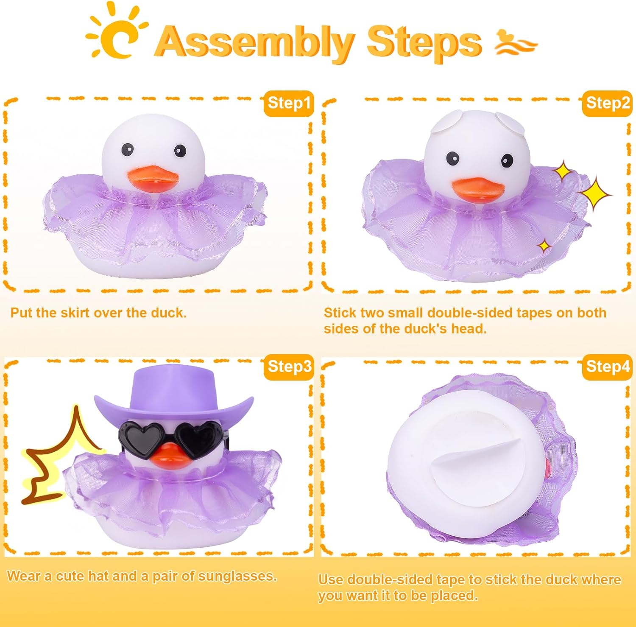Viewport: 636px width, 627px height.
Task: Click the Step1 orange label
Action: [289, 103]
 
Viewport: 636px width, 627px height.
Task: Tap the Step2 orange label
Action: [607, 103]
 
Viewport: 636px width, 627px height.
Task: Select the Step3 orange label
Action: [289, 367]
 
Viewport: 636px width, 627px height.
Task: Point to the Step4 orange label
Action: [607, 367]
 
